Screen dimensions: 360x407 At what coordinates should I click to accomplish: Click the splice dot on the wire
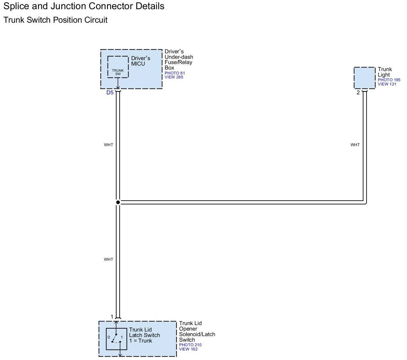118,202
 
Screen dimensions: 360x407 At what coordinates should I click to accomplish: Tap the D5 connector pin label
110,93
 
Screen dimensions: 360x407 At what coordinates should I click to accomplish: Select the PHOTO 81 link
175,73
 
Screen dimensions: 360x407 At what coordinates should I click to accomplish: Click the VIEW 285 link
174,77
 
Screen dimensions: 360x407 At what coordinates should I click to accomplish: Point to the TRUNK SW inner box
118,67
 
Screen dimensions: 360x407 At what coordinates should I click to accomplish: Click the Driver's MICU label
140,61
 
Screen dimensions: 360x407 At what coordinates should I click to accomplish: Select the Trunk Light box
364,78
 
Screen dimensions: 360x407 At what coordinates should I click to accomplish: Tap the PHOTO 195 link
389,80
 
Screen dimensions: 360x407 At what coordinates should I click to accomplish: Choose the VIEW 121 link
387,84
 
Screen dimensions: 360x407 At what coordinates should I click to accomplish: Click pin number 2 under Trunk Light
358,93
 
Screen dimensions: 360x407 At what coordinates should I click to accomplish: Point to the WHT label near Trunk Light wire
355,145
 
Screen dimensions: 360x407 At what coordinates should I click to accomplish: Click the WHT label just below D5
108,145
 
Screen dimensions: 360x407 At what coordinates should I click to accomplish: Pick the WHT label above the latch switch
108,259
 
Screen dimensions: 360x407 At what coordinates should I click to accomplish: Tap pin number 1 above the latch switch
112,317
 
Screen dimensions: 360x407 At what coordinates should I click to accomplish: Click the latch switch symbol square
117,339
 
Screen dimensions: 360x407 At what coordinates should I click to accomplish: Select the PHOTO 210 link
190,345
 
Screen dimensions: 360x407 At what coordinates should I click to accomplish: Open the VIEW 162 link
188,349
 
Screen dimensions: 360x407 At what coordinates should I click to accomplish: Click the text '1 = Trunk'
140,341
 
